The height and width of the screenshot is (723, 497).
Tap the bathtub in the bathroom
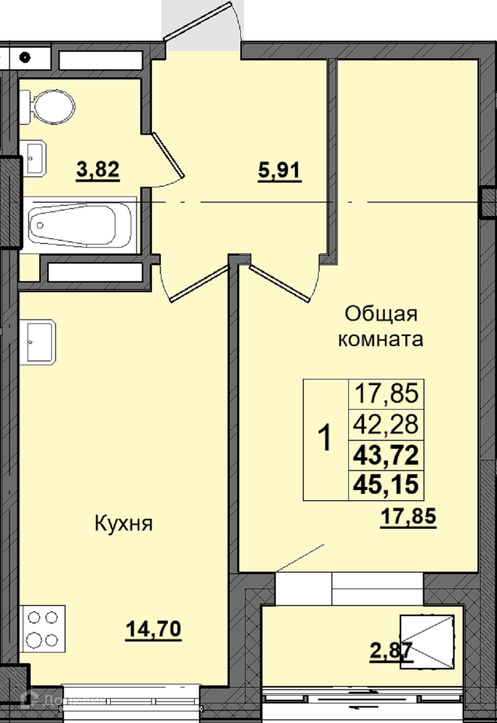point(80,226)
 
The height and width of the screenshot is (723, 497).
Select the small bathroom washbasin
point(33,158)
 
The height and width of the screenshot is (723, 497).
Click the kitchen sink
point(38,342)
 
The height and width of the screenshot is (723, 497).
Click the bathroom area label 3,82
point(98,170)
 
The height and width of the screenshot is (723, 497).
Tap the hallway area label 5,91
point(279,171)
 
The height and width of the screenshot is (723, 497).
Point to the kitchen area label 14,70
point(153,629)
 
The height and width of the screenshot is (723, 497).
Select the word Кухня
point(124,523)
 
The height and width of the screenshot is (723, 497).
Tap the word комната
point(381,339)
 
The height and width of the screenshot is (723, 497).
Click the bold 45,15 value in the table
point(386,484)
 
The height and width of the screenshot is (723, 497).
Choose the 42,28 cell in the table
point(386,424)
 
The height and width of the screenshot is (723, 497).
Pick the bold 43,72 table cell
point(386,455)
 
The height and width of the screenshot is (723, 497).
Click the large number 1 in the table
point(325,438)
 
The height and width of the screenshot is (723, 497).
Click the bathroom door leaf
point(168,155)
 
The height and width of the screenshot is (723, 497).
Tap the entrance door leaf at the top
point(198,21)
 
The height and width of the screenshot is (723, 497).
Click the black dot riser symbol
point(25,58)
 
